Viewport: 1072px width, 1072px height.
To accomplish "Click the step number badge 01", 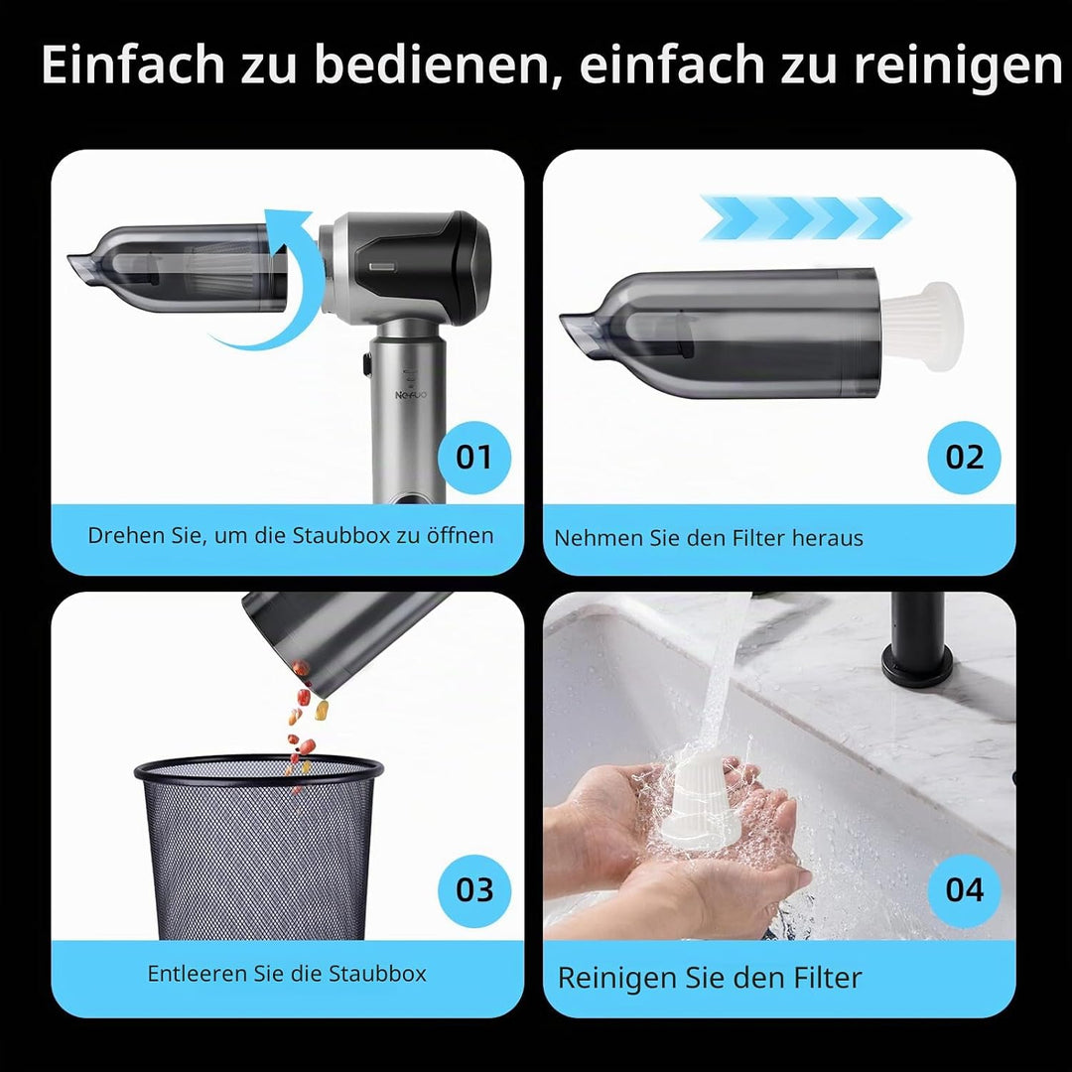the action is [473, 458].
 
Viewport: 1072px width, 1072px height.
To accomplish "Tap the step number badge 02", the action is [964, 458].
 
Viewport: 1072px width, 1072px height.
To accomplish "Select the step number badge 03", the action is [473, 890].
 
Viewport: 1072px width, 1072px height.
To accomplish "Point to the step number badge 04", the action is [964, 890].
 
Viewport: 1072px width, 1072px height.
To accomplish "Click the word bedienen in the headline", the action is [432, 66].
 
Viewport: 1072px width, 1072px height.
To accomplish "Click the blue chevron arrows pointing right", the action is [805, 218].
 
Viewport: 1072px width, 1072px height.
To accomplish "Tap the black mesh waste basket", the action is [258, 847].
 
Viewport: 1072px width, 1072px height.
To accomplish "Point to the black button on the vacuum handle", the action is [367, 363].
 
